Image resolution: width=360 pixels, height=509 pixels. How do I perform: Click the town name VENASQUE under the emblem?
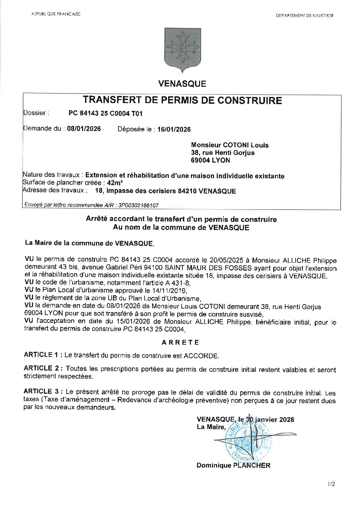coord(182,84)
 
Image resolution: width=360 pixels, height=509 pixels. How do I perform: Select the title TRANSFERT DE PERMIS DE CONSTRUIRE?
coord(182,100)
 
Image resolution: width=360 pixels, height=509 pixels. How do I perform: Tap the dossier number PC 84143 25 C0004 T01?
coord(105,114)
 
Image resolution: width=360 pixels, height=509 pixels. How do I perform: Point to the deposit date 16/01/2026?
coord(174,129)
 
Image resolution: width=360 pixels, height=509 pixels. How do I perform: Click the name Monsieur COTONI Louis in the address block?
coord(230,145)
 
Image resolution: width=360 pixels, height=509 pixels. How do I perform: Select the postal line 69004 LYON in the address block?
coord(210,160)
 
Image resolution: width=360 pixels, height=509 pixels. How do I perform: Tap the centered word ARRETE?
coord(181,343)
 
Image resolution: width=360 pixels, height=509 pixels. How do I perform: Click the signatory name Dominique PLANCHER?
coord(233,465)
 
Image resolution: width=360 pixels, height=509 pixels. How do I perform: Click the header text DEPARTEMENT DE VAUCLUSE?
coord(305,16)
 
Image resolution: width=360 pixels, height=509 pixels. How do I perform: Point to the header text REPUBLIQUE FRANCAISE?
coord(56,14)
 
